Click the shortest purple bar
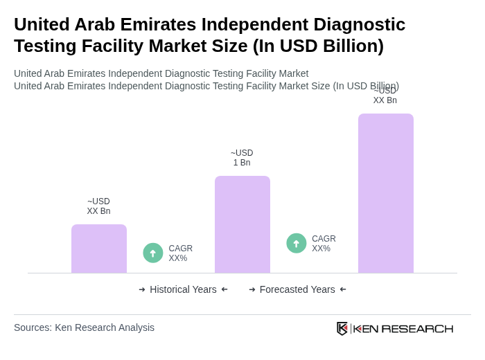pyautogui.click(x=99, y=249)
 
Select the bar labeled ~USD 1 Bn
pyautogui.click(x=242, y=224)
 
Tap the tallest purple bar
pyautogui.click(x=386, y=193)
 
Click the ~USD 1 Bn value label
pyautogui.click(x=242, y=158)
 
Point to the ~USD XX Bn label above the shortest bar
pyautogui.click(x=98, y=206)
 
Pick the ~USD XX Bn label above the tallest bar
pyautogui.click(x=385, y=96)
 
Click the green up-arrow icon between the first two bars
pyautogui.click(x=153, y=253)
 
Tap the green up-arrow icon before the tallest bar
pyautogui.click(x=297, y=244)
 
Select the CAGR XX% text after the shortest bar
pyautogui.click(x=180, y=253)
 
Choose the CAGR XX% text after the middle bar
pyautogui.click(x=324, y=244)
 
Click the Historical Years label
pyautogui.click(x=183, y=289)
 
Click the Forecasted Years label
pyautogui.click(x=297, y=289)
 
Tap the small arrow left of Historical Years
pyautogui.click(x=142, y=289)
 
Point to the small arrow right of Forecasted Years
pyautogui.click(x=343, y=289)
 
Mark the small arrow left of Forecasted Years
pyautogui.click(x=252, y=289)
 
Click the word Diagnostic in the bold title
pyautogui.click(x=356, y=24)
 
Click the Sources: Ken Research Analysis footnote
pyautogui.click(x=84, y=327)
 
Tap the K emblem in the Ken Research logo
pyautogui.click(x=342, y=328)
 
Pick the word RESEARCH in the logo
pyautogui.click(x=417, y=328)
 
